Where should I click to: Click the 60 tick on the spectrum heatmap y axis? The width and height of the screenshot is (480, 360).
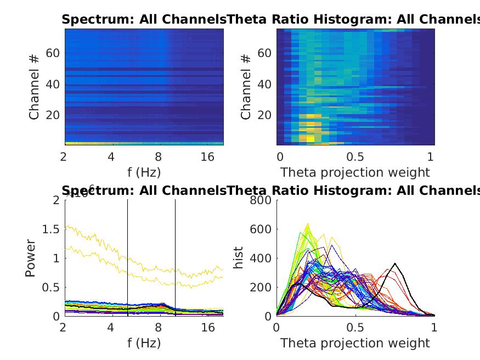(52, 53)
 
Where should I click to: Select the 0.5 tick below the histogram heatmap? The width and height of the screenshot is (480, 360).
(355, 157)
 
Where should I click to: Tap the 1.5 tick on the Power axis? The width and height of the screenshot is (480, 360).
(52, 229)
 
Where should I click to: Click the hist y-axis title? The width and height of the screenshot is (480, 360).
(239, 258)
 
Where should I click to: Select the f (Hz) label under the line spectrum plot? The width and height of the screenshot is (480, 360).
(144, 344)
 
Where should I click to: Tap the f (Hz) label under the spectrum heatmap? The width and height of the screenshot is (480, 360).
(144, 172)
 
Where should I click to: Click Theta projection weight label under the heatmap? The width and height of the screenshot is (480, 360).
(355, 172)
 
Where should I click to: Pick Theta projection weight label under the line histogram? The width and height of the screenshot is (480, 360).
(355, 344)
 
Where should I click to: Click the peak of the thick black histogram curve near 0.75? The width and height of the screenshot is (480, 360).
(395, 264)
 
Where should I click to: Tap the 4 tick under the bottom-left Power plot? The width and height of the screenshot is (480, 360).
(111, 328)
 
